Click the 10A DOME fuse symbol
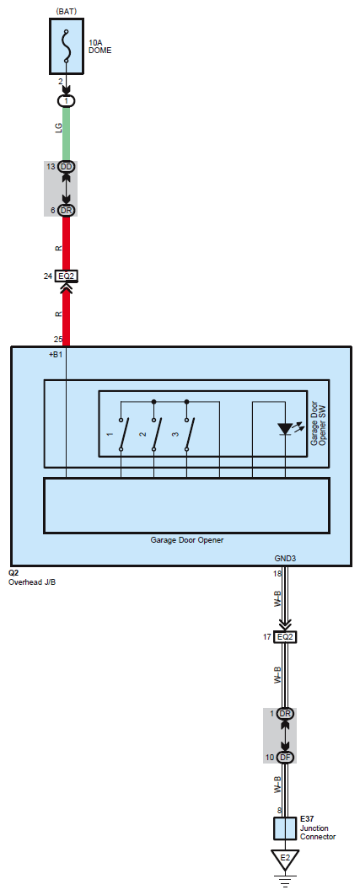point(67,46)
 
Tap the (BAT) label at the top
point(67,11)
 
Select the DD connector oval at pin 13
point(67,166)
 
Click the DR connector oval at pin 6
point(67,211)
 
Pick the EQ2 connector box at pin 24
point(67,276)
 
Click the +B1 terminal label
point(56,355)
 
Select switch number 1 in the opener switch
point(121,434)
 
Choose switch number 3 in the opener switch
point(187,434)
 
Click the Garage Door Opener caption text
point(187,540)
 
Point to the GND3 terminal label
point(285,559)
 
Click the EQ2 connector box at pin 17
point(286,637)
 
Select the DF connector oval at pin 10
point(286,758)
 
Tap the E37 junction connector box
point(285,828)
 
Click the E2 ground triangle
point(285,859)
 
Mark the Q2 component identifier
point(14,572)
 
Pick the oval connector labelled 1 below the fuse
point(67,101)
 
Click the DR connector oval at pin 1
point(286,714)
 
